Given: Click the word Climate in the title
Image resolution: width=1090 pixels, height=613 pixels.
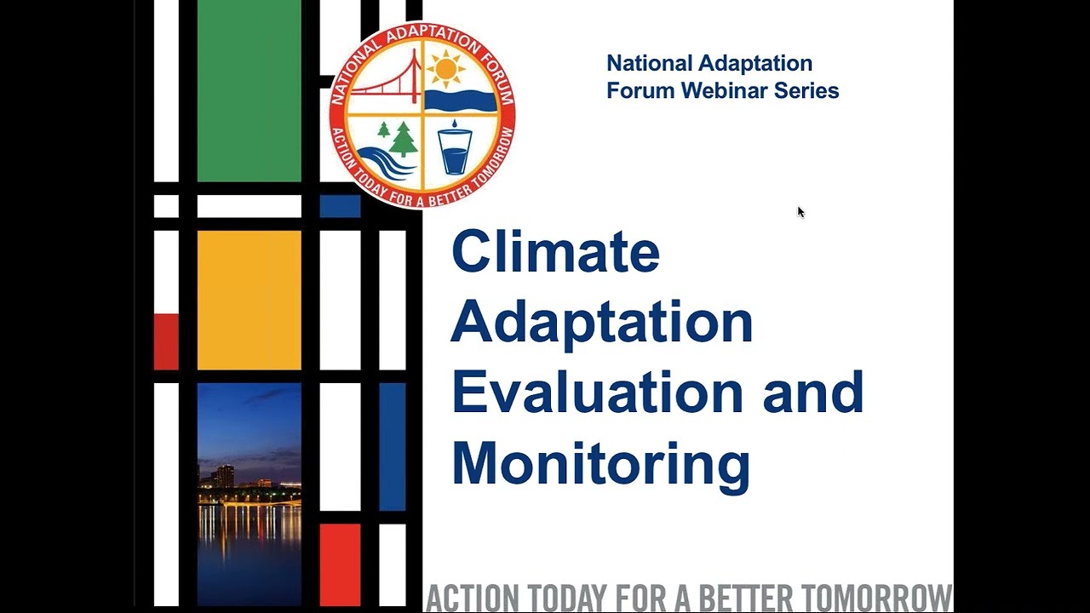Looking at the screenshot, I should click(555, 253).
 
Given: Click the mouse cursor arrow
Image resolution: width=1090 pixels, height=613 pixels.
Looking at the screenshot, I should click(800, 212).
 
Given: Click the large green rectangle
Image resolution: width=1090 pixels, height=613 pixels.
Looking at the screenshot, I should click(249, 90).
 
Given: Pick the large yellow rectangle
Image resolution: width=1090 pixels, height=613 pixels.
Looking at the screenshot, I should click(249, 300).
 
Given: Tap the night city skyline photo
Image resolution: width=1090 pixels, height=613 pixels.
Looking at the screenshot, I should click(249, 494).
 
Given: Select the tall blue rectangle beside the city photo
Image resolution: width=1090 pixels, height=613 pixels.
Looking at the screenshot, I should click(392, 447).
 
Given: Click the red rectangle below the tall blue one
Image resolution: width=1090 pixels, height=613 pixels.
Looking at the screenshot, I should click(340, 564).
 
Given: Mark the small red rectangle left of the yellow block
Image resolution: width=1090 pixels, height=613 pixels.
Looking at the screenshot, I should click(166, 341).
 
